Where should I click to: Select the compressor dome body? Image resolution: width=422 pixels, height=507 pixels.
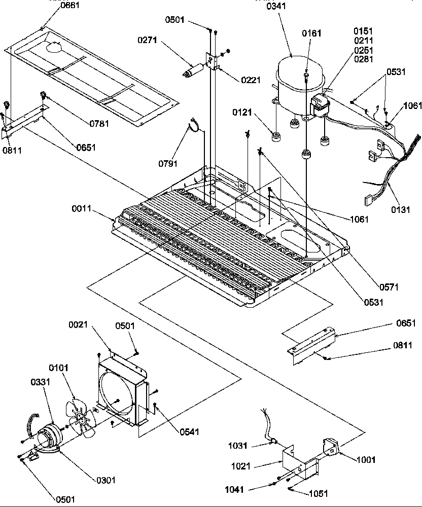(x=294, y=79)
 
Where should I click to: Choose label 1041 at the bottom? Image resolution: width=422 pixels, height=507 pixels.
(x=235, y=490)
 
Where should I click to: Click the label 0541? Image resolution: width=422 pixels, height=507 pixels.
(x=189, y=432)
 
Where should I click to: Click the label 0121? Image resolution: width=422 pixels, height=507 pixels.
(x=242, y=112)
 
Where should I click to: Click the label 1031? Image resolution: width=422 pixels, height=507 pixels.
(x=238, y=446)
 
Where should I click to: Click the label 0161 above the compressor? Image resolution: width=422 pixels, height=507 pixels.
(x=311, y=33)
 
